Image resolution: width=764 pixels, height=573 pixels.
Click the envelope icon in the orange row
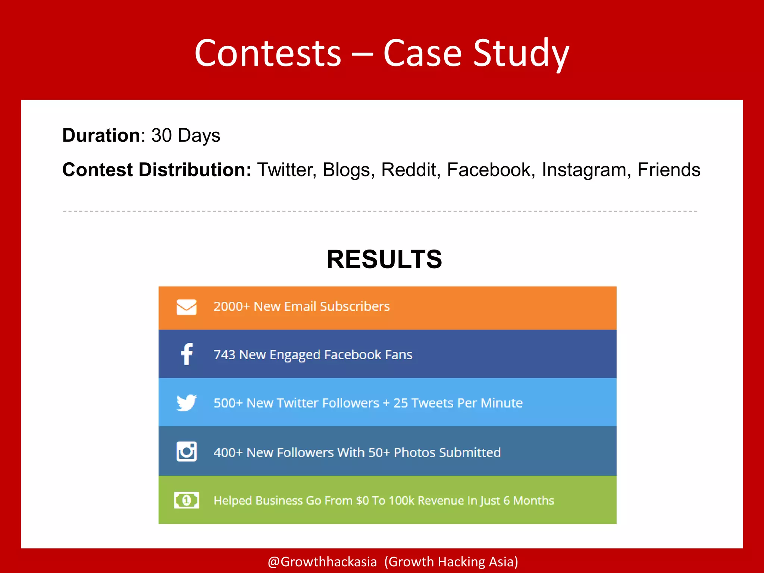point(187,307)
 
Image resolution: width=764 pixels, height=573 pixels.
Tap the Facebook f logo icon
point(187,354)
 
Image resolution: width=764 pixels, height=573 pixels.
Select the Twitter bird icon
point(187,403)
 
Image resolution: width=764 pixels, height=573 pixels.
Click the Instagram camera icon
point(187,451)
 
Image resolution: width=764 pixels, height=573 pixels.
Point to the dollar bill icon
point(187,500)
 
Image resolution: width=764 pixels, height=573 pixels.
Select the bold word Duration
point(101,135)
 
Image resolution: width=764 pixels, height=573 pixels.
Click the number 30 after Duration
point(162,135)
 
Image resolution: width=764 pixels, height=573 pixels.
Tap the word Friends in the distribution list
point(668,170)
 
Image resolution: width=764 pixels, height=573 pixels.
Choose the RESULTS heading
point(384,259)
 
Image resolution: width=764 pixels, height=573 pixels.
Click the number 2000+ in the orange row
point(231,306)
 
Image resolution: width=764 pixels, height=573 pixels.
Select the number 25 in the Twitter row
point(400,403)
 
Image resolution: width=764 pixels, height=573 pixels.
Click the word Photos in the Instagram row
point(414,453)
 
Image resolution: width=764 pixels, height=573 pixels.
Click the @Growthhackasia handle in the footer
point(322,561)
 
